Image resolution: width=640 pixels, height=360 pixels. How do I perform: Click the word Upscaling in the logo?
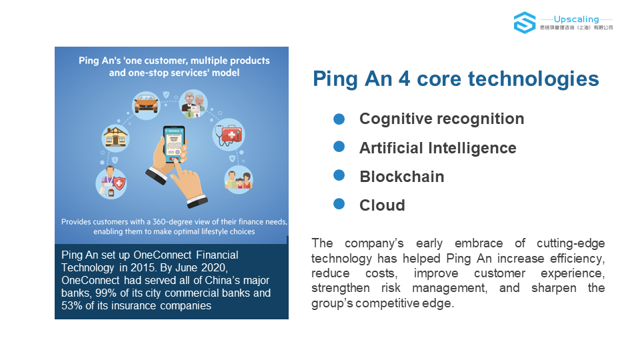(x=576, y=19)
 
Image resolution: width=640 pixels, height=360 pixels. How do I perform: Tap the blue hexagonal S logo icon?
(x=525, y=23)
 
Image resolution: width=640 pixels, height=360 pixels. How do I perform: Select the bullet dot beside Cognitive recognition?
(x=339, y=119)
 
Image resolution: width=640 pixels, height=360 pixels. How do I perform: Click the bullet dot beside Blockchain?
(x=339, y=175)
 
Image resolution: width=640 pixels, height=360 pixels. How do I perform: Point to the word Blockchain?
(x=401, y=177)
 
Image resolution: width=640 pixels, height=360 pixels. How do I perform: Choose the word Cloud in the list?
(x=382, y=205)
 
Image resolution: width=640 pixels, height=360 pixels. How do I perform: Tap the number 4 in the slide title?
(x=404, y=79)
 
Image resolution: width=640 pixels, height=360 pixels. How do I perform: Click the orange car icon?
(x=146, y=105)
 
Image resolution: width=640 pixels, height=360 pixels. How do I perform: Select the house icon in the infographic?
(x=115, y=137)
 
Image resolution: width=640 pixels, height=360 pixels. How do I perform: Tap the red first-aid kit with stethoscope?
(x=229, y=135)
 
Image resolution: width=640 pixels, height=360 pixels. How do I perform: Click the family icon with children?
(x=239, y=179)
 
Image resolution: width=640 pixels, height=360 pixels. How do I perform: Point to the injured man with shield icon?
(x=111, y=183)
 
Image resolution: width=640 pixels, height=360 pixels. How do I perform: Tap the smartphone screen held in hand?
(x=174, y=143)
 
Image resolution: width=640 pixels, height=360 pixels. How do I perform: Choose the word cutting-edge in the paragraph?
(x=571, y=243)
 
